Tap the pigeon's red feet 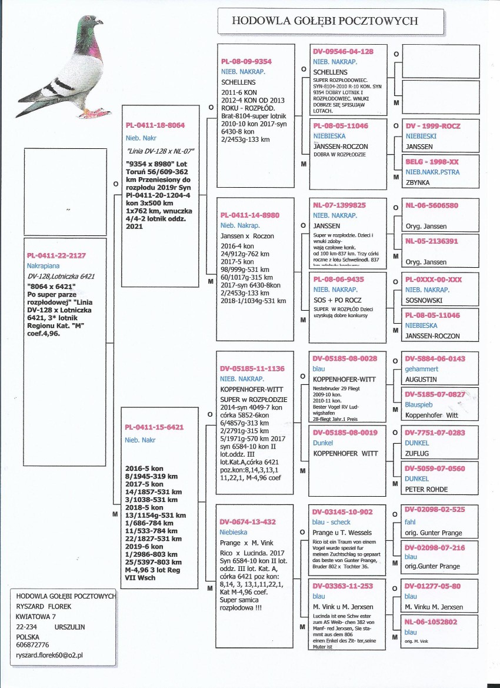click(x=92, y=112)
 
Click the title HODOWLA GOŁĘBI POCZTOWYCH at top click(x=325, y=21)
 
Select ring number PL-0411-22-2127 click(x=56, y=255)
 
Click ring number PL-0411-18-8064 click(x=155, y=125)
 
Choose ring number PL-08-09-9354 click(x=246, y=61)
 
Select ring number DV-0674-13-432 click(x=248, y=521)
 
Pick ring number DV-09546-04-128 click(x=343, y=52)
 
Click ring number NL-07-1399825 click(x=339, y=205)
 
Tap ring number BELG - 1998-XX click(x=432, y=161)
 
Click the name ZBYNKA click(x=418, y=182)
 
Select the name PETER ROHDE click(x=426, y=489)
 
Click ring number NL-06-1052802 click(x=434, y=621)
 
